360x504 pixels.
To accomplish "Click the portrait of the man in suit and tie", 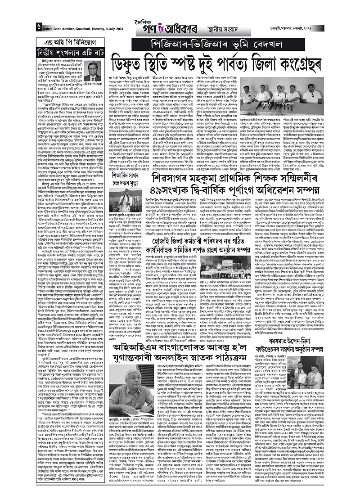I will tap(93, 71).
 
